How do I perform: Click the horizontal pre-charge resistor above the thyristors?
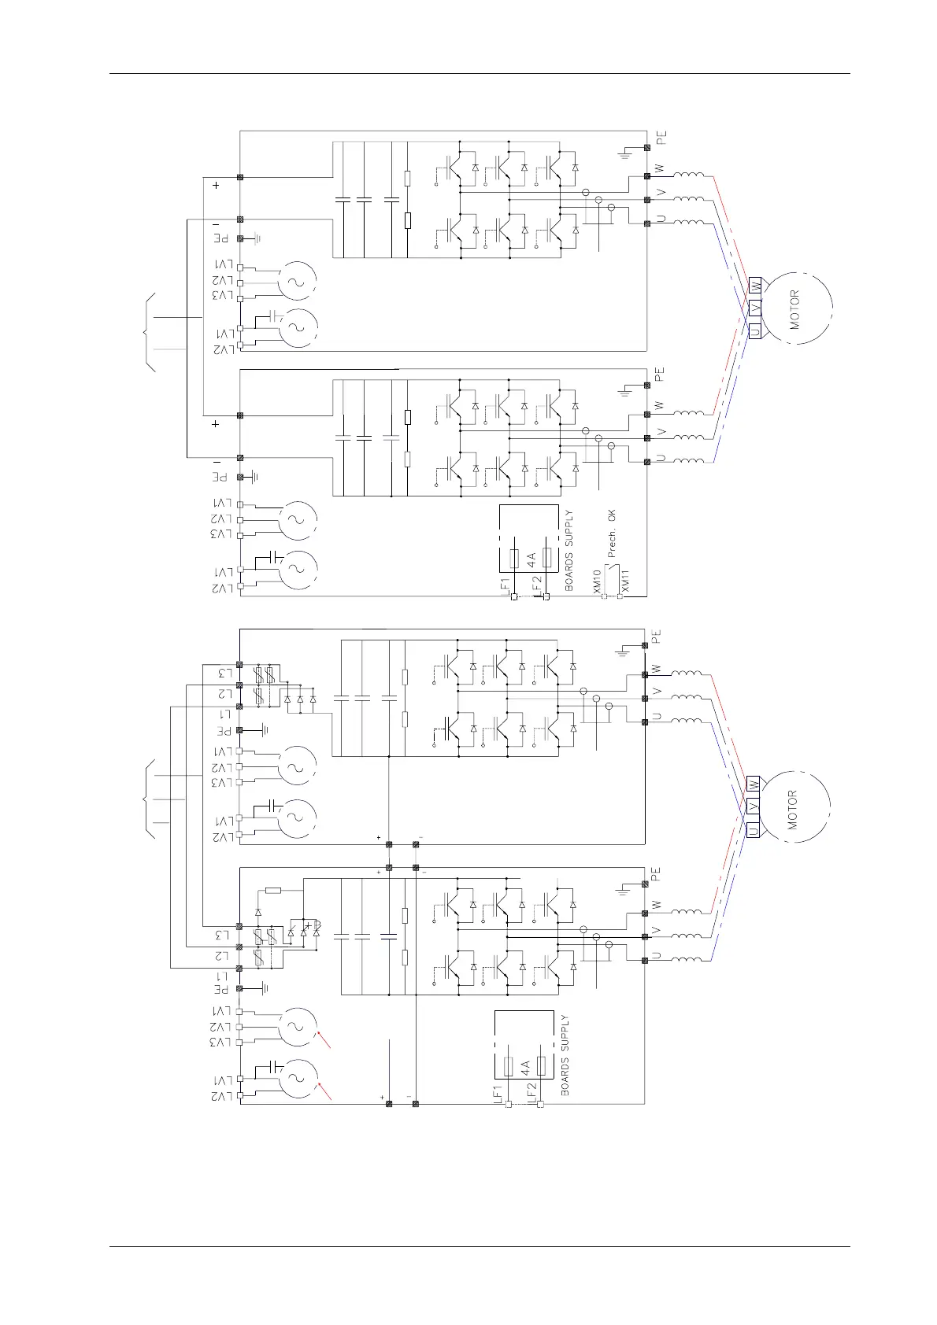[x=273, y=890]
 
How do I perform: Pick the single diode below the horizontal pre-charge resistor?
[x=257, y=912]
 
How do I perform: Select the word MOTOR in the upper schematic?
[x=794, y=309]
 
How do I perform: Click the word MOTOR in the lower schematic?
[x=793, y=810]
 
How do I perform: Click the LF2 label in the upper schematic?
[x=537, y=583]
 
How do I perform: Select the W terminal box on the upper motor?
[x=755, y=286]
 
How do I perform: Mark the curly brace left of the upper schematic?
[x=147, y=331]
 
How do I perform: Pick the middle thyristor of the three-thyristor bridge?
[x=304, y=930]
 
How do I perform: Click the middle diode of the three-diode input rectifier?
[x=300, y=699]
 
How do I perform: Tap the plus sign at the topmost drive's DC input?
[x=216, y=186]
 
